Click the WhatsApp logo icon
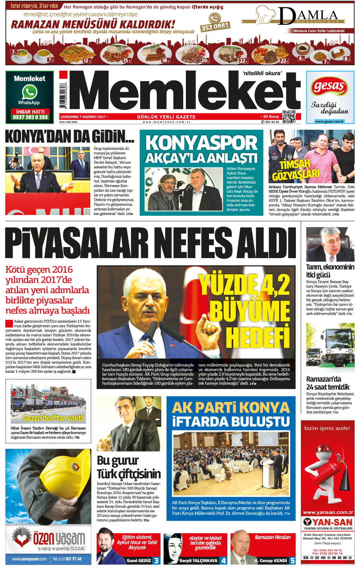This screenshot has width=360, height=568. [x=29, y=92]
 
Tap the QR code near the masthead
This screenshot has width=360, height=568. [x=289, y=117]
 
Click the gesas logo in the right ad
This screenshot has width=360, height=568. [x=329, y=88]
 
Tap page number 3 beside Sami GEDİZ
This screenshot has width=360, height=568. [x=156, y=560]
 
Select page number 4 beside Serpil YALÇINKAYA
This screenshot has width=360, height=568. [x=224, y=560]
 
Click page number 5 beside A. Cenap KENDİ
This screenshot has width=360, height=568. [x=292, y=560]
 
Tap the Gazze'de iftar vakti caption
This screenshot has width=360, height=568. [x=53, y=418]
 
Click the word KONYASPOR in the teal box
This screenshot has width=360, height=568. [x=201, y=143]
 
